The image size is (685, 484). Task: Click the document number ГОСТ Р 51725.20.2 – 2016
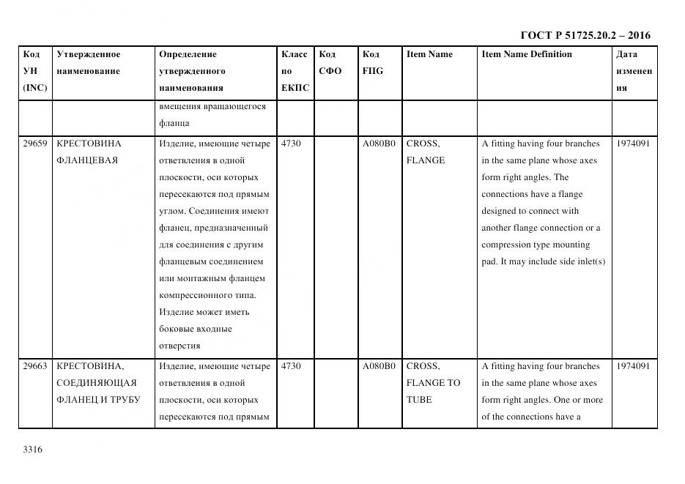(x=585, y=35)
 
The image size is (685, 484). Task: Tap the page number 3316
(x=32, y=450)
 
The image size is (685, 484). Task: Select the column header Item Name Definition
(x=526, y=54)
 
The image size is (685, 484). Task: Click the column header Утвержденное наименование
(x=89, y=63)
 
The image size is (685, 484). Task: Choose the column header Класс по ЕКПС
(x=295, y=71)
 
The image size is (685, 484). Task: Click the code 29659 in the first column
(x=35, y=144)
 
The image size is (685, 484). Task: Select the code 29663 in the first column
(x=35, y=366)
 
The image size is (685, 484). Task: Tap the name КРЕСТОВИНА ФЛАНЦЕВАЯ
(x=89, y=152)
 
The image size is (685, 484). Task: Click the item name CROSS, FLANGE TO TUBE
(x=433, y=383)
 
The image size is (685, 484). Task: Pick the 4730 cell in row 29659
(x=291, y=144)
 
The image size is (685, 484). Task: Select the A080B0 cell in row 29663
(x=379, y=366)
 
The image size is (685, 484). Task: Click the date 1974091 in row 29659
(x=632, y=144)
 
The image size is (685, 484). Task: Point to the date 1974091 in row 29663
(x=632, y=366)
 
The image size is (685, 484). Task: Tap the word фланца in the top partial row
(x=174, y=123)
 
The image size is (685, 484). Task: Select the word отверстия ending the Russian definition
(x=179, y=346)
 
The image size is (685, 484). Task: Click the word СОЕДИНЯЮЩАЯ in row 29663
(x=96, y=383)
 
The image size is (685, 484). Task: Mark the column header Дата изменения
(x=634, y=71)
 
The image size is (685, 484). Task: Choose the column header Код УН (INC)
(x=34, y=71)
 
